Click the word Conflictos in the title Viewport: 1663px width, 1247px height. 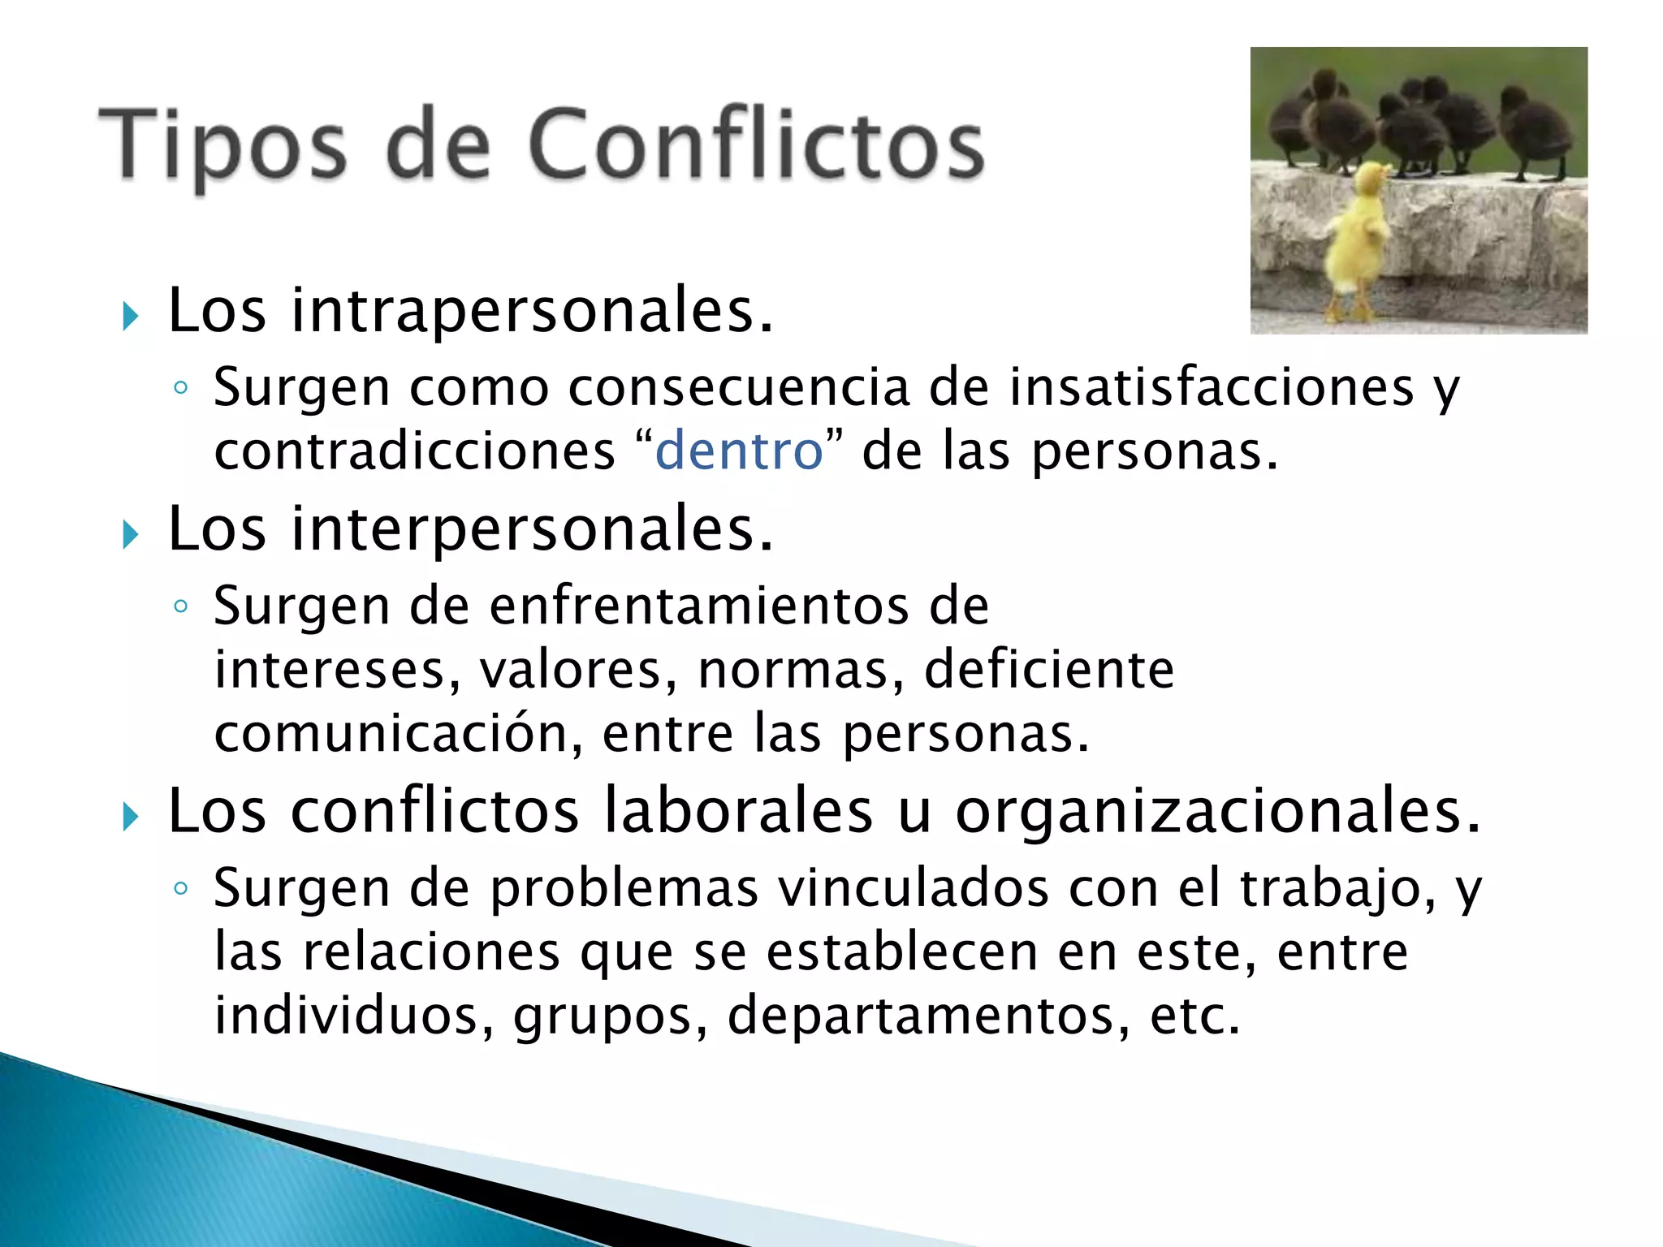point(756,146)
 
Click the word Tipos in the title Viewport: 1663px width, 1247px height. point(223,146)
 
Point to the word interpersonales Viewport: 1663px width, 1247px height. point(532,529)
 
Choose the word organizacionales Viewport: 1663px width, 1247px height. point(1218,811)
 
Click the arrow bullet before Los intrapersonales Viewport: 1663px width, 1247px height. point(130,316)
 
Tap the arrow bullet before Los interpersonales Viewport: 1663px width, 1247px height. point(130,534)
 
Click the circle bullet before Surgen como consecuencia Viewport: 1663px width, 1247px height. point(180,388)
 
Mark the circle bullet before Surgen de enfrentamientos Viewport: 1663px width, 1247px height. point(180,606)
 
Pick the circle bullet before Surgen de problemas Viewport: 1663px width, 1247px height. point(180,888)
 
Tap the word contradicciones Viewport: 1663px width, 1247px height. point(414,451)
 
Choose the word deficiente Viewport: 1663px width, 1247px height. point(1049,670)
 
